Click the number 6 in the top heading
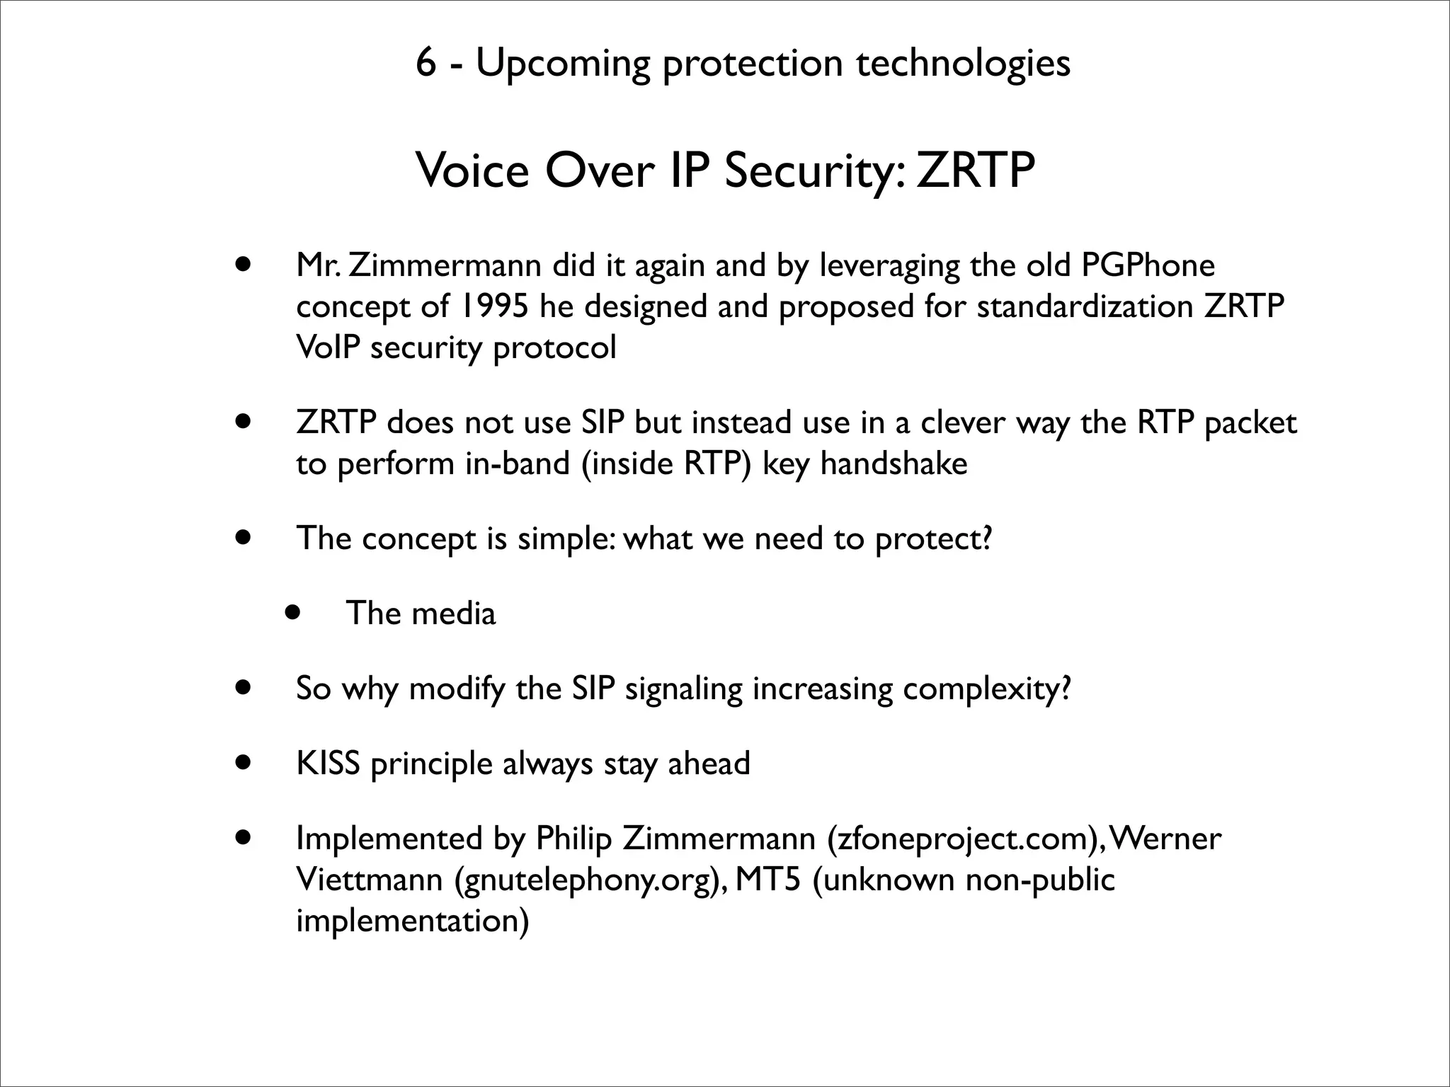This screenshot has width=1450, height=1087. [425, 63]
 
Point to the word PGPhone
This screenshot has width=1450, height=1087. [1148, 265]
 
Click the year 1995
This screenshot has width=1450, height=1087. [494, 306]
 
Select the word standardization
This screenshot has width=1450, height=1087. [1085, 306]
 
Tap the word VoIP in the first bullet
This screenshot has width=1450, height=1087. [328, 347]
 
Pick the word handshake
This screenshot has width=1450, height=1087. [894, 464]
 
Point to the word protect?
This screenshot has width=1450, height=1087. [934, 539]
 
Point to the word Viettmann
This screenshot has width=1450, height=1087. [370, 880]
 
